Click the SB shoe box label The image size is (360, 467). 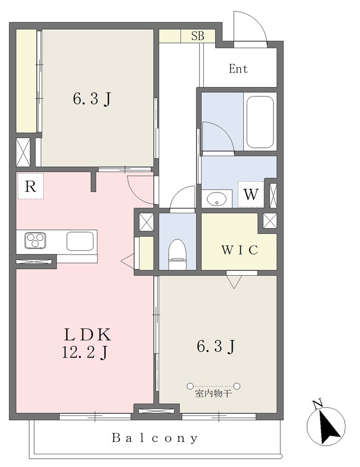pos(198,36)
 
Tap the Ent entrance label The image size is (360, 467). pos(238,69)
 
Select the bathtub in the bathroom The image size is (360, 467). pos(260,122)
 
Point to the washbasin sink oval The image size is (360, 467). pos(216,198)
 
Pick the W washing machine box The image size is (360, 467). pos(251,194)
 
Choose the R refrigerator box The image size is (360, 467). pos(31,186)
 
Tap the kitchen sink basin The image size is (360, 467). pos(80,241)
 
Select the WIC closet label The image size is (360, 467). pos(240,250)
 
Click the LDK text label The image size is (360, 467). pos(88,335)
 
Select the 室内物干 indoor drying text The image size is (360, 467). pos(213,394)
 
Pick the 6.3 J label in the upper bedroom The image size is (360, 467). pos(92,99)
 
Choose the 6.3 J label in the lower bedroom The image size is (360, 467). pos(216,347)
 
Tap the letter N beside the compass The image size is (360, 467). pos(318,404)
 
